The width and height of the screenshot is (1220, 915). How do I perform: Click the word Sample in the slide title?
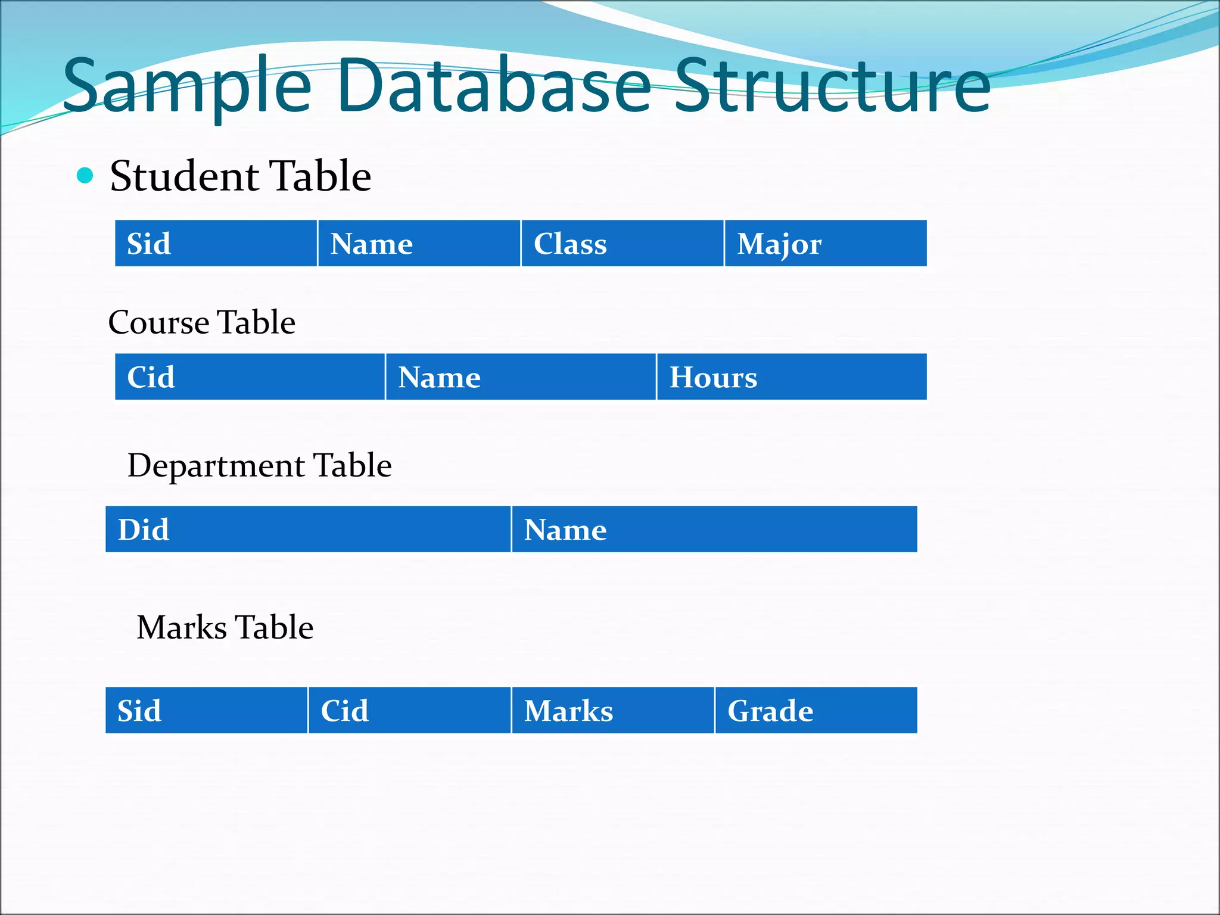[186, 86]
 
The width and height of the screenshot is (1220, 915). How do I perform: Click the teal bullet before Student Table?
[86, 176]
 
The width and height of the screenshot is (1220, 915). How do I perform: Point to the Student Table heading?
[240, 176]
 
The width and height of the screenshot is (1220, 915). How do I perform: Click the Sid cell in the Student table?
[216, 244]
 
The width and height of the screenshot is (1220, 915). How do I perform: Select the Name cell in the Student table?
[419, 244]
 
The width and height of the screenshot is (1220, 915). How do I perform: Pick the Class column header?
[622, 244]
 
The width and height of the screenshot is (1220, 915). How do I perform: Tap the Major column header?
[825, 244]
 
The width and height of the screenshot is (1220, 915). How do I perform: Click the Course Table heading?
[202, 322]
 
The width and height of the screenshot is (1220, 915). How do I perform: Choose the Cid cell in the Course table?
[250, 377]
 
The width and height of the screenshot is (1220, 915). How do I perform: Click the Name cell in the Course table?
[521, 377]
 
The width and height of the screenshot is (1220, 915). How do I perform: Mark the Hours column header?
[792, 377]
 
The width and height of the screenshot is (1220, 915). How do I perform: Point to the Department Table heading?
[260, 465]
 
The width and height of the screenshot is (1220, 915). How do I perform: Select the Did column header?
[308, 530]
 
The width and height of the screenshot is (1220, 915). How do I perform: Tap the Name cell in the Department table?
[714, 530]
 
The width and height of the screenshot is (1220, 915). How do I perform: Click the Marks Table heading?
[225, 627]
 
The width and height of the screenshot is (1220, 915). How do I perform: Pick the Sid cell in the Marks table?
[206, 711]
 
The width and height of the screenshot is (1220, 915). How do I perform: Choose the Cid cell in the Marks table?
[409, 711]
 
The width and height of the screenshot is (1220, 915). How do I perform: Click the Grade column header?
[816, 711]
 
